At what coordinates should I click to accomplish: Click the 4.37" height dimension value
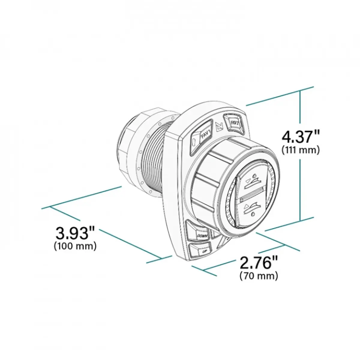[301, 137]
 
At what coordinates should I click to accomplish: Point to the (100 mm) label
[75, 246]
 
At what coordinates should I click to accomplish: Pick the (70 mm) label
[259, 276]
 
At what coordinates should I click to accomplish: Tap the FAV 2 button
[234, 123]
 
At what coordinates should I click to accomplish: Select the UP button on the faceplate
[200, 250]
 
